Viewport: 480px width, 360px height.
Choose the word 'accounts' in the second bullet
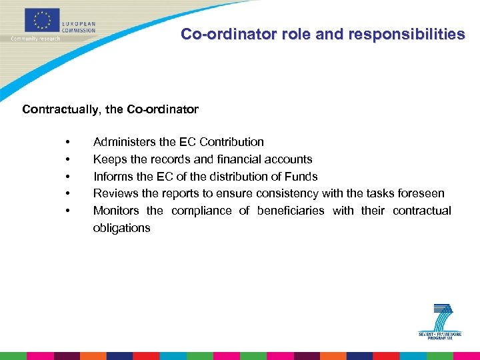coord(289,159)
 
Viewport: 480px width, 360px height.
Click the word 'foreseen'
coord(421,194)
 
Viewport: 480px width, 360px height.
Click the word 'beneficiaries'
coord(291,211)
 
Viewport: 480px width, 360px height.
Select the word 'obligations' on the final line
coord(121,229)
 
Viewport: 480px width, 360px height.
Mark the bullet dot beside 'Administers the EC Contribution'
coord(69,143)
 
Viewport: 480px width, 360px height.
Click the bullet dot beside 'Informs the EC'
coord(69,177)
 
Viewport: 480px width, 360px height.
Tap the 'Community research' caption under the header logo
coord(35,38)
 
